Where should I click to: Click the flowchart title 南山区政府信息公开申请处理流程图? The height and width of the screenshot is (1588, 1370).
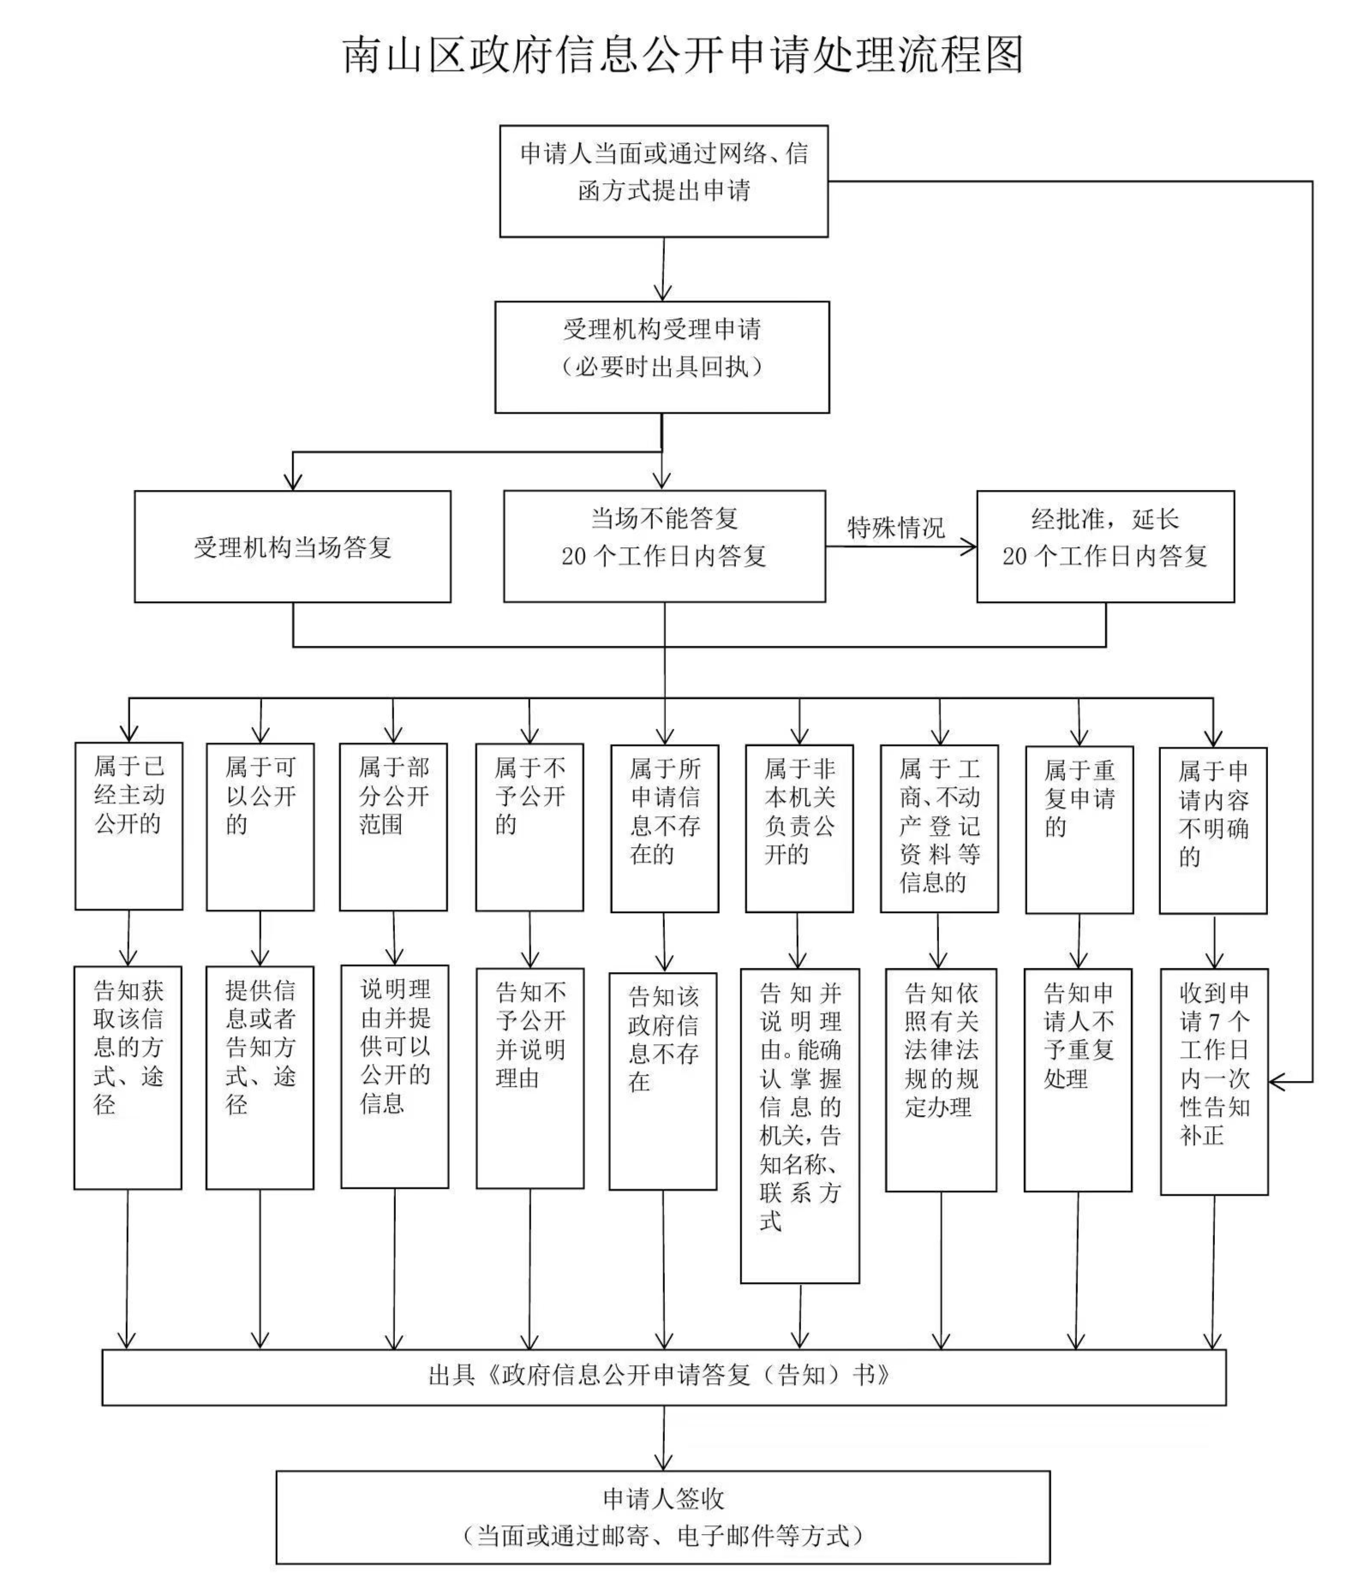(683, 55)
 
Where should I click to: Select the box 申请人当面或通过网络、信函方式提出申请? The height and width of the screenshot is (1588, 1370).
(663, 181)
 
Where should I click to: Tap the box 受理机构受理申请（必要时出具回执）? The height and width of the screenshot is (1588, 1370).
(661, 356)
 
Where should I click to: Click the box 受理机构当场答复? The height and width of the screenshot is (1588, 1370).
(292, 546)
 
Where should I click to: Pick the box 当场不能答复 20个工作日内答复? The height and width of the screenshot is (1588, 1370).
(664, 546)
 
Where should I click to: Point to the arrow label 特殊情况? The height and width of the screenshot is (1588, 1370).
(895, 527)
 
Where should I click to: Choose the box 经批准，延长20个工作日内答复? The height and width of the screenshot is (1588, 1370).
(1104, 546)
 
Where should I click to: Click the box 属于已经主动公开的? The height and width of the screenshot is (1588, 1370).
(129, 826)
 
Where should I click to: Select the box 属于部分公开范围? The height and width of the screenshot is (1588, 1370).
(393, 826)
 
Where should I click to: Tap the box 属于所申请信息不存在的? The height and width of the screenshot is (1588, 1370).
(664, 827)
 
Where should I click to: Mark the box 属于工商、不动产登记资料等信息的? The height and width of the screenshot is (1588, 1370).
(939, 827)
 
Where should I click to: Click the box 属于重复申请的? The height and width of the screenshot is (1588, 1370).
(1079, 829)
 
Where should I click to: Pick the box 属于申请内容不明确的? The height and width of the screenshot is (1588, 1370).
(1212, 829)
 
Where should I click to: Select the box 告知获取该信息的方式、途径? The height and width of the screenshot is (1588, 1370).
(128, 1077)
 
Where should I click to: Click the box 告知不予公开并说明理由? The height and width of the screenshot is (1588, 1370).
(529, 1078)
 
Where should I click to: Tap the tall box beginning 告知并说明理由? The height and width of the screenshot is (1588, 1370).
(799, 1125)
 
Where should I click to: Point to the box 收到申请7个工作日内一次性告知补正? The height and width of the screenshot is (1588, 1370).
(1213, 1081)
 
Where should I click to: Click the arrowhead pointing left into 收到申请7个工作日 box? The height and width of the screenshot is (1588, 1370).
(1276, 1082)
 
